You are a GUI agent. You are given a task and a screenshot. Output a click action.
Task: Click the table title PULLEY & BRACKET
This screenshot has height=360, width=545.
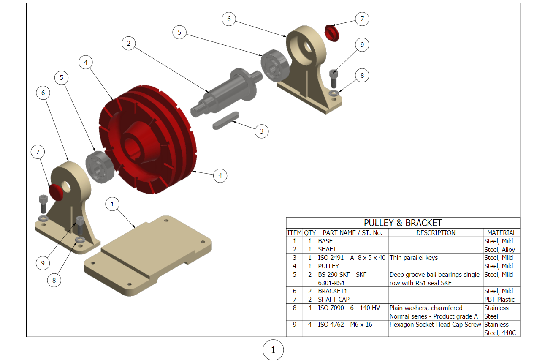pos(403,223)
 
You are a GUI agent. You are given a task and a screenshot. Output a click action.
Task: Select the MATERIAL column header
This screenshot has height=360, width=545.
pos(501,233)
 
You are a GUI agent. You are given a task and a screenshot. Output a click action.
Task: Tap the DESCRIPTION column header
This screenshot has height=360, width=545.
pos(435,233)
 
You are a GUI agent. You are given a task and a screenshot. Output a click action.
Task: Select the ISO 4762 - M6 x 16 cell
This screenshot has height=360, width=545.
pos(345,325)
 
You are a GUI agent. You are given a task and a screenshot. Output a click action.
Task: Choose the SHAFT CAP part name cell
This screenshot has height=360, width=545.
pos(334,300)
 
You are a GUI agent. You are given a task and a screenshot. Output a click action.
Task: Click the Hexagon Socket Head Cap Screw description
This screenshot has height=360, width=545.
pos(435,325)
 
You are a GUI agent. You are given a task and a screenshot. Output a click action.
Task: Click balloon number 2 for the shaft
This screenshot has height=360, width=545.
pos(128,43)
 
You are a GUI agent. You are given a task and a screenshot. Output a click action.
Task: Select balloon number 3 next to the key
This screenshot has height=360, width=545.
pos(262,131)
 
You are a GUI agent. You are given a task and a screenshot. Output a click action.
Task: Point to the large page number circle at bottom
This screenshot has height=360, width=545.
pos(273,350)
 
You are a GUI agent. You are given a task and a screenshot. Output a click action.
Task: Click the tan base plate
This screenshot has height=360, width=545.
pos(148,258)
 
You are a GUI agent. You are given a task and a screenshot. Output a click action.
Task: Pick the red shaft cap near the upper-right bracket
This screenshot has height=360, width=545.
pos(332,33)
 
